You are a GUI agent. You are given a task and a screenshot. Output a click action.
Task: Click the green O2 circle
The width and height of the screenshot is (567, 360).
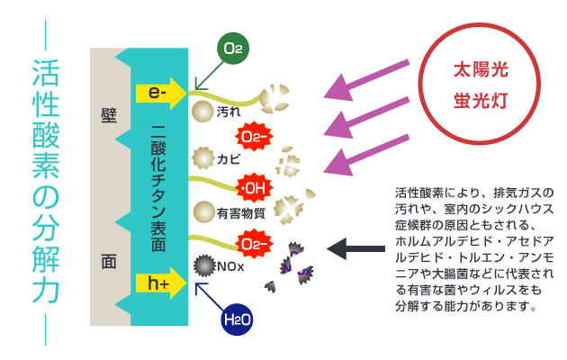point(233,48)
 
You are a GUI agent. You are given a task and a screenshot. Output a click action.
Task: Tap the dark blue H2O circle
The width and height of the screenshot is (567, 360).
point(237,319)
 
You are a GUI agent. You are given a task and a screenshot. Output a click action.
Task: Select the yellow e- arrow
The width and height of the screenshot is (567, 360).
point(161,94)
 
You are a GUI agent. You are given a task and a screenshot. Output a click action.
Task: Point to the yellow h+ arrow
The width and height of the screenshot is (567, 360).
point(161,283)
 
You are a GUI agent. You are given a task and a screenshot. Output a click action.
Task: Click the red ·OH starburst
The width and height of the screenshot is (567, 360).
point(254,188)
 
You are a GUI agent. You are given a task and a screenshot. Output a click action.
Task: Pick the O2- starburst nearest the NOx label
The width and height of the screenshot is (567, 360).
point(254,244)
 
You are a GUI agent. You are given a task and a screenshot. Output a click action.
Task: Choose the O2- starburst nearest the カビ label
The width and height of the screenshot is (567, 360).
point(254,137)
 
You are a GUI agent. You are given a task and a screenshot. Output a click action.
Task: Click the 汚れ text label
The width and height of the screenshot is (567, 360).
point(229,112)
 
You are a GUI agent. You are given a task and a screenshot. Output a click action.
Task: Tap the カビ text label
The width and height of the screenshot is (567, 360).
point(229,159)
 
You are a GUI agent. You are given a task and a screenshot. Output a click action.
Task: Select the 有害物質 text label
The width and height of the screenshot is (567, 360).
point(241,213)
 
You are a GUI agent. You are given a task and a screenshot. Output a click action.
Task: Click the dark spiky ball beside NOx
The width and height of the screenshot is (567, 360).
point(204,265)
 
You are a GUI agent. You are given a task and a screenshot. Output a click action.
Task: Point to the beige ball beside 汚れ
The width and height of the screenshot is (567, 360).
point(202,112)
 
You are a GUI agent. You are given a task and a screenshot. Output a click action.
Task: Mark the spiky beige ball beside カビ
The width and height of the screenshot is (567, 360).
point(202,158)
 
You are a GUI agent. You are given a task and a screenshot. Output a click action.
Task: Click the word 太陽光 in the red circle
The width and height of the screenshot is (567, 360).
point(481,69)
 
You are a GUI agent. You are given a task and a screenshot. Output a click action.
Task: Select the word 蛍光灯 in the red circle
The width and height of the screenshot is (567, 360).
point(481,101)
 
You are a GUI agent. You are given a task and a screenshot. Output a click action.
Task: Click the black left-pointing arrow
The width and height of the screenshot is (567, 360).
point(355,248)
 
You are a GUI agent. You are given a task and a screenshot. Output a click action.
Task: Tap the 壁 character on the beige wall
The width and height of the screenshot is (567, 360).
point(109,116)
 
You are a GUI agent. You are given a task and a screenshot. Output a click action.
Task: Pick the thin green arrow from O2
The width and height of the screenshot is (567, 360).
point(210,76)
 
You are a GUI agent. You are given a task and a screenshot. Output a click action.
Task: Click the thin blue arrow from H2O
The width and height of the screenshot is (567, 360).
point(210,297)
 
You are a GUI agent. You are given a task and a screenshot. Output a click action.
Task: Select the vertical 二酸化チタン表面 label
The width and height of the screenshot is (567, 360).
point(158,188)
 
